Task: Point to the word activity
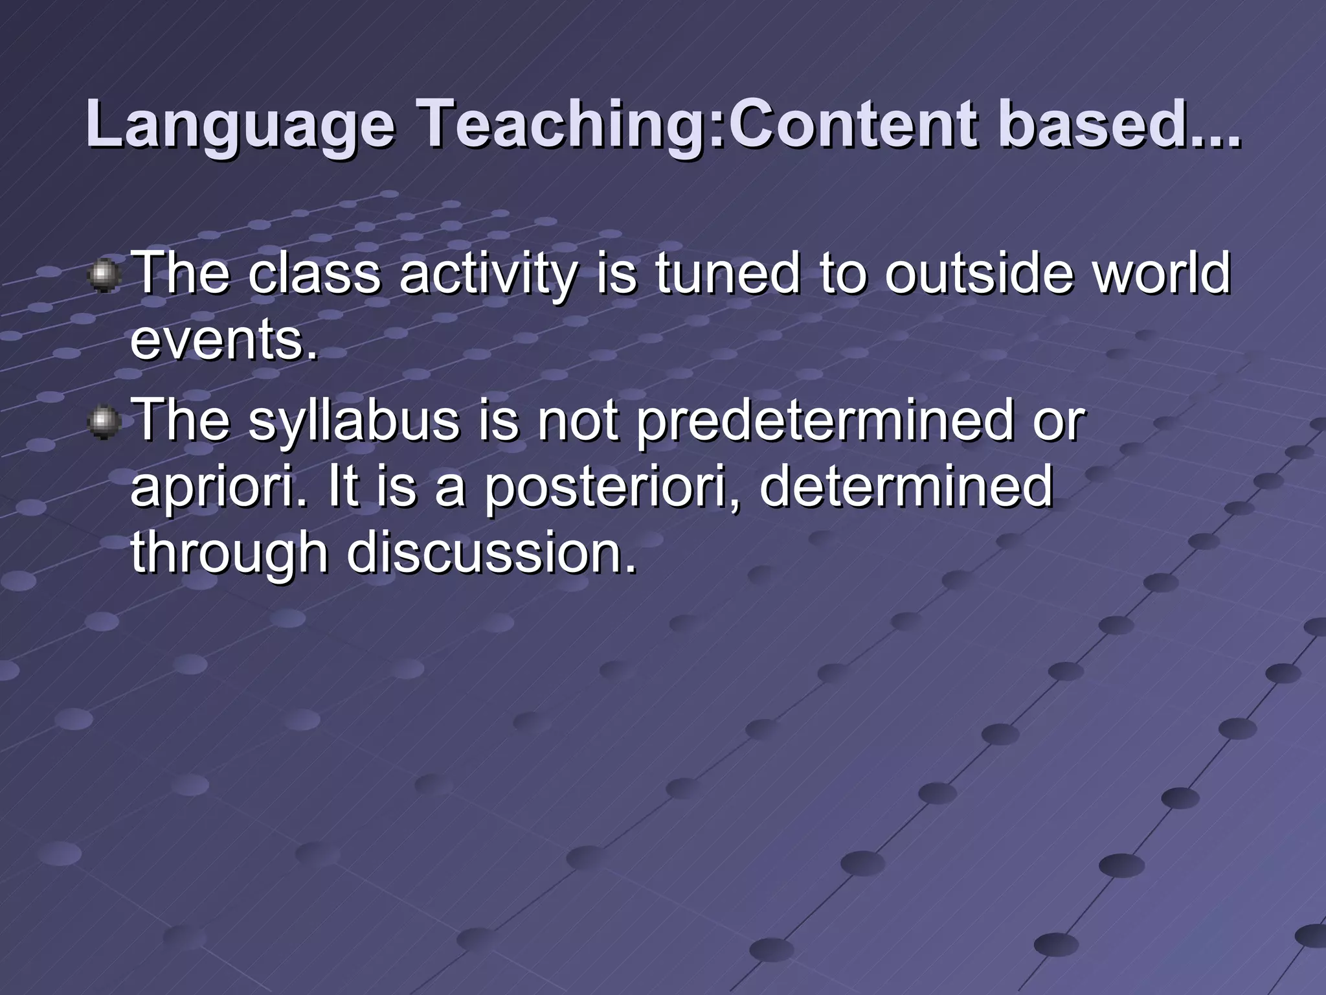[x=487, y=275]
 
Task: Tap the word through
[x=229, y=556]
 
